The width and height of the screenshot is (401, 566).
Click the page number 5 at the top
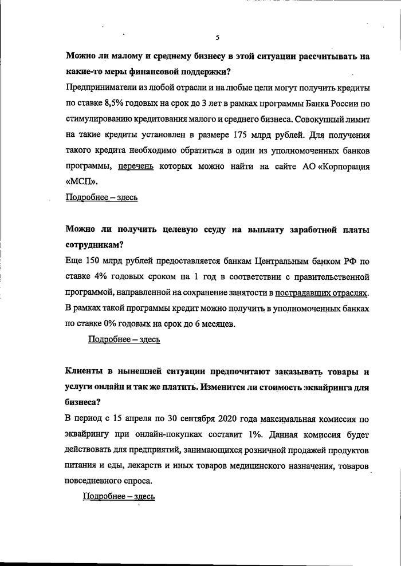pyautogui.click(x=217, y=38)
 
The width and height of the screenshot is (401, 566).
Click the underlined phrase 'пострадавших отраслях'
pyautogui.click(x=322, y=293)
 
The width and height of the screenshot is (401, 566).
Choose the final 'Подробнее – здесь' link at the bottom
pyautogui.click(x=119, y=496)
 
